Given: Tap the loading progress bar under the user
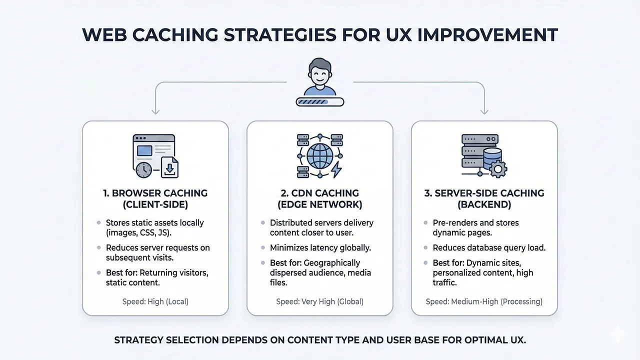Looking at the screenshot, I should tap(320, 101).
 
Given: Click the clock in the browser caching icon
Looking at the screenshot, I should tap(143, 169).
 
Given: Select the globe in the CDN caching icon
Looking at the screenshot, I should tap(320, 156).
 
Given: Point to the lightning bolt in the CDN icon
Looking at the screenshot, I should tap(337, 169).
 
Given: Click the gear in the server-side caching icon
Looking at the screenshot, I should tap(496, 169).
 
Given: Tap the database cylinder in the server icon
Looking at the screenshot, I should tap(492, 156).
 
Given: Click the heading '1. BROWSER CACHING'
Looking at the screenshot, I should tap(155, 193).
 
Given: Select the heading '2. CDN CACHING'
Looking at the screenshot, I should tap(320, 193).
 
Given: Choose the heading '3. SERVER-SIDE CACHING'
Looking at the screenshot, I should tap(484, 193).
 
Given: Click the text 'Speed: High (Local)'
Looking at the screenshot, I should tap(155, 301).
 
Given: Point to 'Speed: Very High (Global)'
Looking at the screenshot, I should tap(320, 301).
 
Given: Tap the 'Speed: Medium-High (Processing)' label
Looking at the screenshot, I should tap(484, 301).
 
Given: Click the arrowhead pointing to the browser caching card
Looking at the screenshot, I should tap(155, 111).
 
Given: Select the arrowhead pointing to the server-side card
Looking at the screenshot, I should tap(484, 111).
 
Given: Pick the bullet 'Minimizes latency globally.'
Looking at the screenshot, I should tap(321, 247).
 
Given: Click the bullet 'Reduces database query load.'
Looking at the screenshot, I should tap(489, 247).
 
